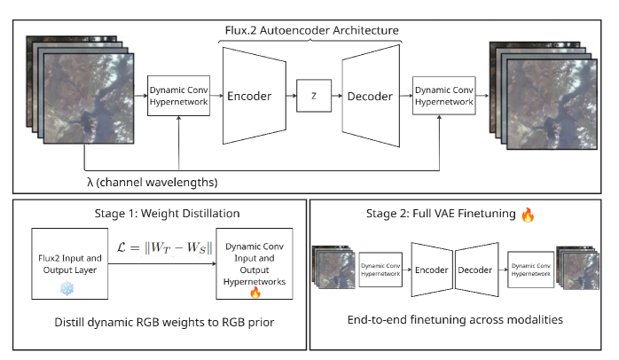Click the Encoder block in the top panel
coord(251,96)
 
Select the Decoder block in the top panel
coord(369,96)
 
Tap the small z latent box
coord(312,96)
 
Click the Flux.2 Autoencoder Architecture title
coord(310,30)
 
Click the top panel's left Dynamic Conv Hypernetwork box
coord(179,96)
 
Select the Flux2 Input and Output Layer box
coord(68,265)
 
